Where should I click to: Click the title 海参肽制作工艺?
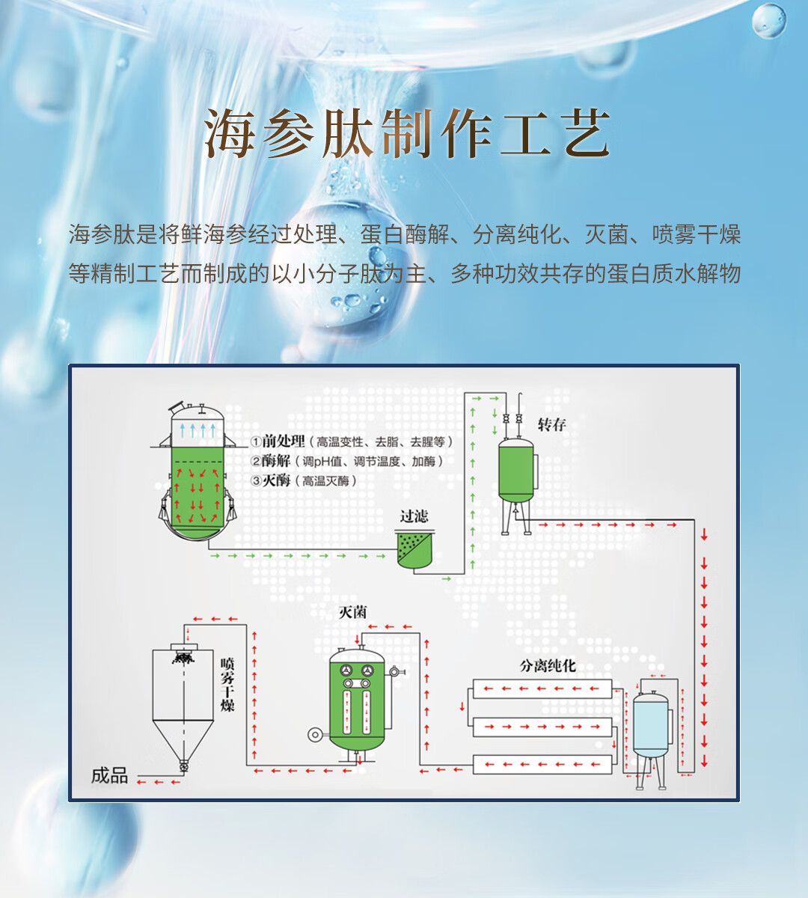408,135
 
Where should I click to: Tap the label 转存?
551,425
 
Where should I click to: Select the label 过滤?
414,516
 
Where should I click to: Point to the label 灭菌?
353,612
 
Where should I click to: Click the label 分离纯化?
548,665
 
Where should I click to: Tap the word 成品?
109,776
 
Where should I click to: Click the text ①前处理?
278,442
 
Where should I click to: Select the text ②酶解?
271,461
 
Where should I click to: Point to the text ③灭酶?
271,480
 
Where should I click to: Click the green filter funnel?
414,550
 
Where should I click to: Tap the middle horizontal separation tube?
542,726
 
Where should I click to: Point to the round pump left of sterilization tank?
315,735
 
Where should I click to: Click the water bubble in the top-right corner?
768,20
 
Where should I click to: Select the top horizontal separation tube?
542,688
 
